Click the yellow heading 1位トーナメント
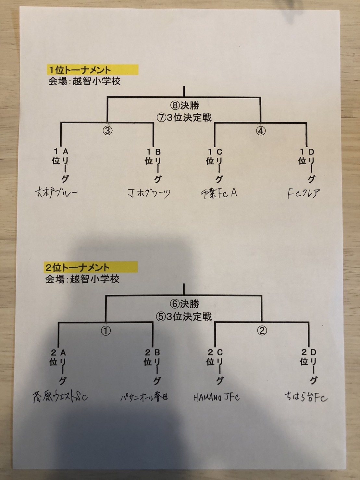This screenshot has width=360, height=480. [x=80, y=70]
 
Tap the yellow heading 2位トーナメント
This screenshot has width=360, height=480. [x=77, y=268]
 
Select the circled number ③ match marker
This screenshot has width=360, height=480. [x=107, y=130]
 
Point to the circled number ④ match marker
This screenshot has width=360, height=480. [x=261, y=131]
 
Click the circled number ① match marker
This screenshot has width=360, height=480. [x=106, y=331]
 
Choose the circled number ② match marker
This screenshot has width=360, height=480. [x=262, y=331]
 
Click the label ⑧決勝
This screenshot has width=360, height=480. [x=184, y=105]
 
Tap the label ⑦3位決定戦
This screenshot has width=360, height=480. [x=184, y=117]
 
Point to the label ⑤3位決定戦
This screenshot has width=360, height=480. [x=184, y=316]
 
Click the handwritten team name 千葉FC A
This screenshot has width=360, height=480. [x=219, y=193]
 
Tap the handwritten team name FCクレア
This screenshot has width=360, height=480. [x=304, y=194]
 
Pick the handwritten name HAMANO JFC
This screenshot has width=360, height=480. [x=216, y=397]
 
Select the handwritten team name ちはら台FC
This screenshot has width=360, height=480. [x=306, y=397]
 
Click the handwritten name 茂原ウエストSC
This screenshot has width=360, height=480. [x=60, y=397]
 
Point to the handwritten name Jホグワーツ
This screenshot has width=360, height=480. [x=149, y=194]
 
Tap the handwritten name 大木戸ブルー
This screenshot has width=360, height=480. [x=56, y=193]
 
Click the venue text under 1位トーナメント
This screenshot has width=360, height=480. [x=84, y=81]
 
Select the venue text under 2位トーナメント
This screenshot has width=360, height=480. [x=82, y=279]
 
